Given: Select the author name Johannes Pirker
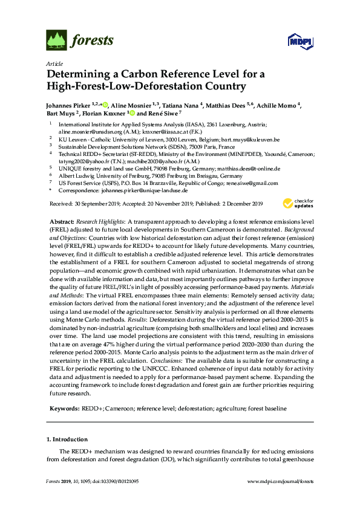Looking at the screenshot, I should (x=67, y=105).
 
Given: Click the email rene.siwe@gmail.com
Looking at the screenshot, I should (x=249, y=183).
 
